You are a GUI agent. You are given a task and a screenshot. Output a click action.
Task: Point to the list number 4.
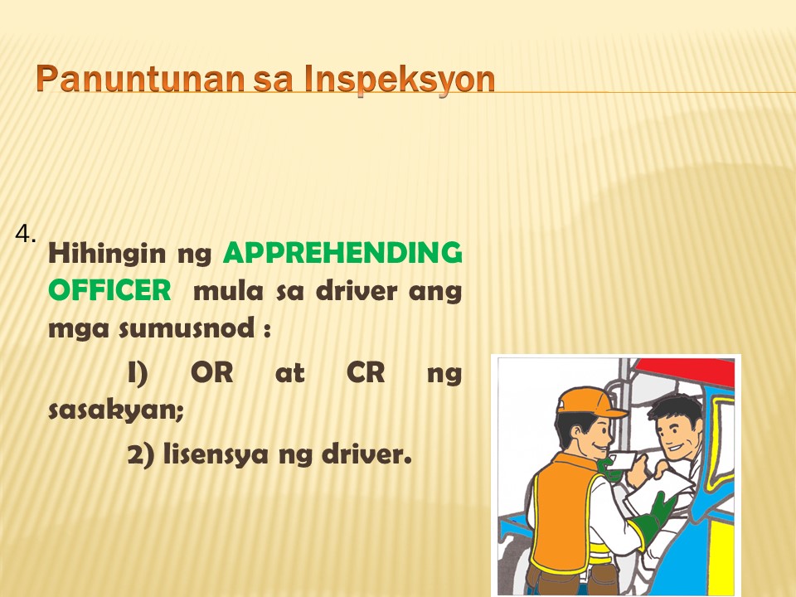tap(26, 234)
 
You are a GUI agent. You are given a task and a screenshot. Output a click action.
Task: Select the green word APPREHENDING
tap(342, 253)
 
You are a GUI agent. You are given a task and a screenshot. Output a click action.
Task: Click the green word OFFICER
tap(109, 291)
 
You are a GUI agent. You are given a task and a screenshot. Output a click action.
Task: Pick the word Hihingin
tap(107, 254)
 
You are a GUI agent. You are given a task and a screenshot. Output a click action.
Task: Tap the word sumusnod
tap(187, 328)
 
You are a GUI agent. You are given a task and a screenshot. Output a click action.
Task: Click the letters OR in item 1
tap(211, 372)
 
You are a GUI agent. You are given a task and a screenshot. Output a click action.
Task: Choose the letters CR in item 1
tap(366, 372)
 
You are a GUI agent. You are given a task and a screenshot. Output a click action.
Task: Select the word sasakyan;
tap(116, 410)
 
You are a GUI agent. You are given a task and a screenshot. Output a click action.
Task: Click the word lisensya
tap(216, 454)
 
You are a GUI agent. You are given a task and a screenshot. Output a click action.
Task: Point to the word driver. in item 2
tap(366, 454)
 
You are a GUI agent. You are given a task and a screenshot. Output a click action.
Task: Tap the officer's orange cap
tap(589, 401)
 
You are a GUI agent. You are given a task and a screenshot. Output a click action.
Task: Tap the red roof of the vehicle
tap(686, 371)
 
